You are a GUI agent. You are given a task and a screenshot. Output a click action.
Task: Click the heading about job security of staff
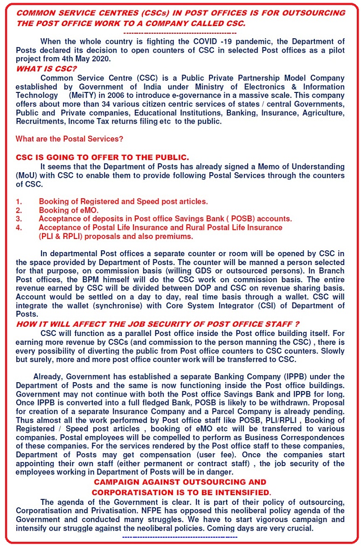[157, 323]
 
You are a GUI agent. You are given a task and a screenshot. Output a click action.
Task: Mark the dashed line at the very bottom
[180, 538]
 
